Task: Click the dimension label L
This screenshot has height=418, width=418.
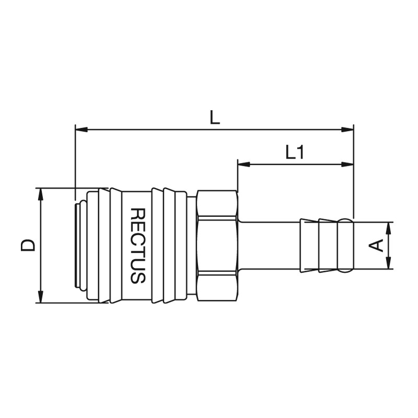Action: pos(215,118)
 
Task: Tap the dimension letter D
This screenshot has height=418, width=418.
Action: pos(28,245)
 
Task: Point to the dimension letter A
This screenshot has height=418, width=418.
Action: pos(376,245)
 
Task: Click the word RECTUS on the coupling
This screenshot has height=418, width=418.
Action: pos(138,246)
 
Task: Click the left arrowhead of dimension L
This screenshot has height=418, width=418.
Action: pos(82,130)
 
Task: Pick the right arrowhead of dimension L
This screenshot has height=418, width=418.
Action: pos(347,130)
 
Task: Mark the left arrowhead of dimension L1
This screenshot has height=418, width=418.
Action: pos(243,165)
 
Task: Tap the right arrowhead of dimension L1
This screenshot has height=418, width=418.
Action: pos(347,165)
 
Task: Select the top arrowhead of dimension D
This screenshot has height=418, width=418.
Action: pos(41,194)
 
